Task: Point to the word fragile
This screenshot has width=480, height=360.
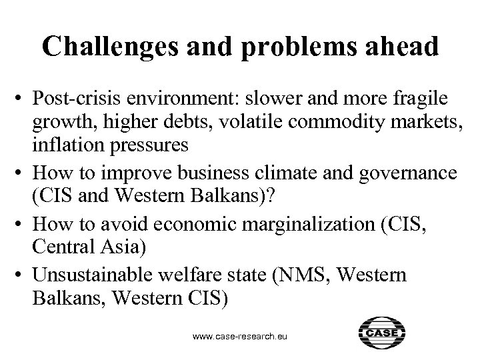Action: click(424, 101)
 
